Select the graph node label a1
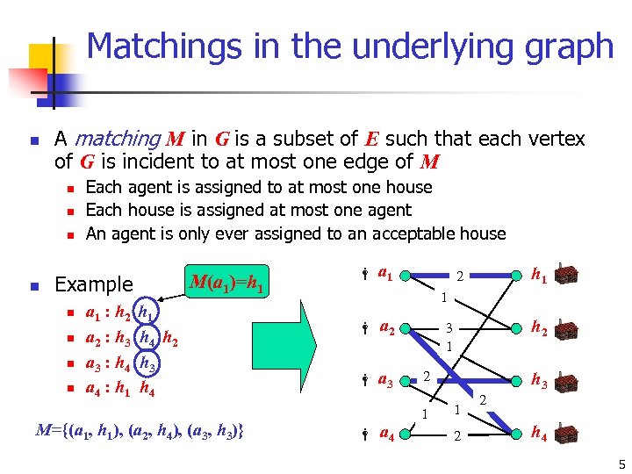click(384, 274)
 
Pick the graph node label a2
click(386, 327)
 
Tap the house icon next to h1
click(567, 276)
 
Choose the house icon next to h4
click(567, 433)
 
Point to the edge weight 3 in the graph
click(447, 327)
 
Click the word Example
click(94, 284)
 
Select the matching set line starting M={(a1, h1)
click(140, 430)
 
